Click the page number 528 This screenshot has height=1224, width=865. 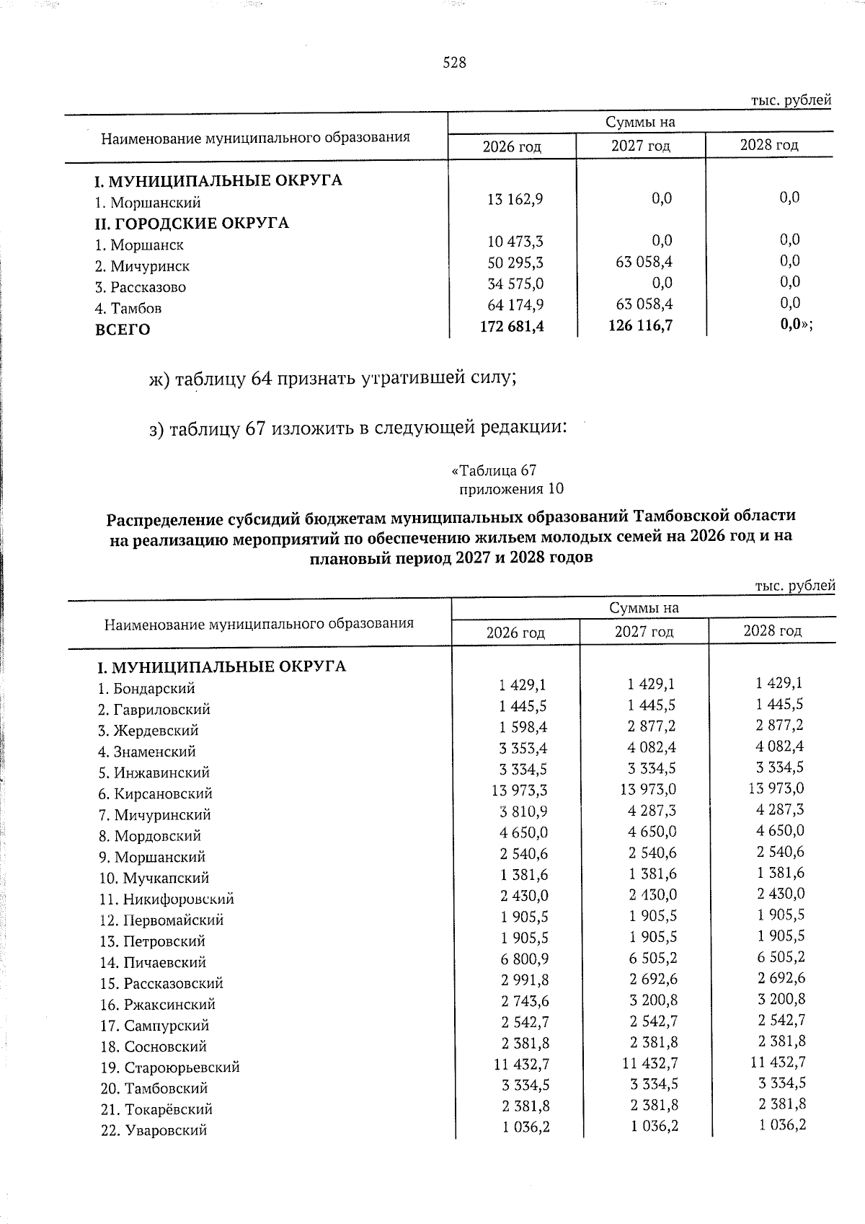point(454,63)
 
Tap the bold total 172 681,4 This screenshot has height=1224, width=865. point(512,326)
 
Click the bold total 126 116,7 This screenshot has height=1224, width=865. point(640,325)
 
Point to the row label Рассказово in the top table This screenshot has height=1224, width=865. point(141,287)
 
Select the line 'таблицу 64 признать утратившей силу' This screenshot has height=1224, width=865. point(332,378)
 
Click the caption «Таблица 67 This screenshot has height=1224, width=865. point(494,470)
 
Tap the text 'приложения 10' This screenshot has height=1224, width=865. point(511,489)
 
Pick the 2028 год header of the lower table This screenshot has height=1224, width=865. point(772,630)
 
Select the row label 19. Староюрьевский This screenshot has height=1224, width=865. point(169,1067)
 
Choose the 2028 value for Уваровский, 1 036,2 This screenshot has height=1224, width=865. point(781,1124)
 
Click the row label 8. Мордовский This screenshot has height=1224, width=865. point(149,836)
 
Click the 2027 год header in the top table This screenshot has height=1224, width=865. point(641,146)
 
